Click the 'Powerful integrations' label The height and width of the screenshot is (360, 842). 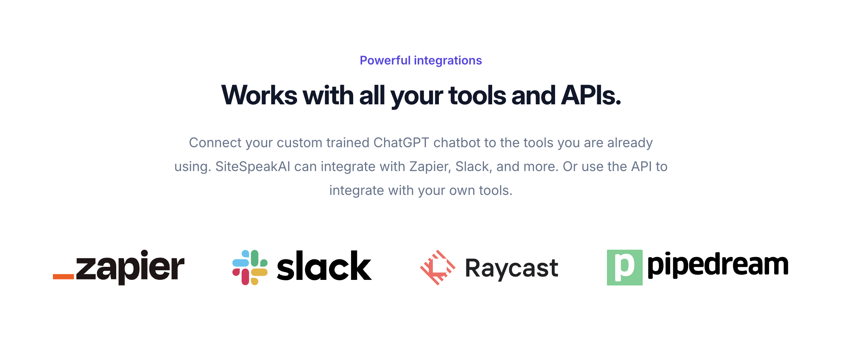(x=421, y=60)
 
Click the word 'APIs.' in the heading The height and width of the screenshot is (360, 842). (x=591, y=95)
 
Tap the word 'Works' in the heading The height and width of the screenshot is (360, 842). (x=259, y=95)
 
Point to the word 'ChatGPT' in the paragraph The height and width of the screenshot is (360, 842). (x=401, y=143)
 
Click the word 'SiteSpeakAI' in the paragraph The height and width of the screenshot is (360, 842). (x=253, y=167)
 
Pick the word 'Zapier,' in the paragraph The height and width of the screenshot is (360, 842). (x=430, y=167)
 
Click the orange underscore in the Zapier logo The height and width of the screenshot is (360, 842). (x=63, y=277)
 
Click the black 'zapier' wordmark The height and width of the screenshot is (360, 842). (x=130, y=267)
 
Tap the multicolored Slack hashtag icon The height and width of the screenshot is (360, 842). (x=250, y=268)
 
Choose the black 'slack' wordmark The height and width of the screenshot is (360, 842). (x=324, y=265)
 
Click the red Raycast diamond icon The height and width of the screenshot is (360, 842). (x=438, y=268)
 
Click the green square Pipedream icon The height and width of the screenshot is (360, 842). (x=625, y=268)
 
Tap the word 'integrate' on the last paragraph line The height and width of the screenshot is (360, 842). (x=357, y=190)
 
